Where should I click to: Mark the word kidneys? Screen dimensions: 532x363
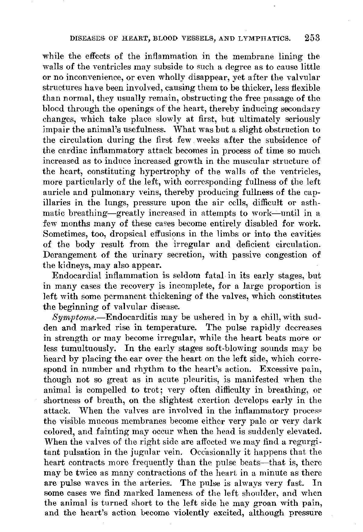[71, 266]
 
